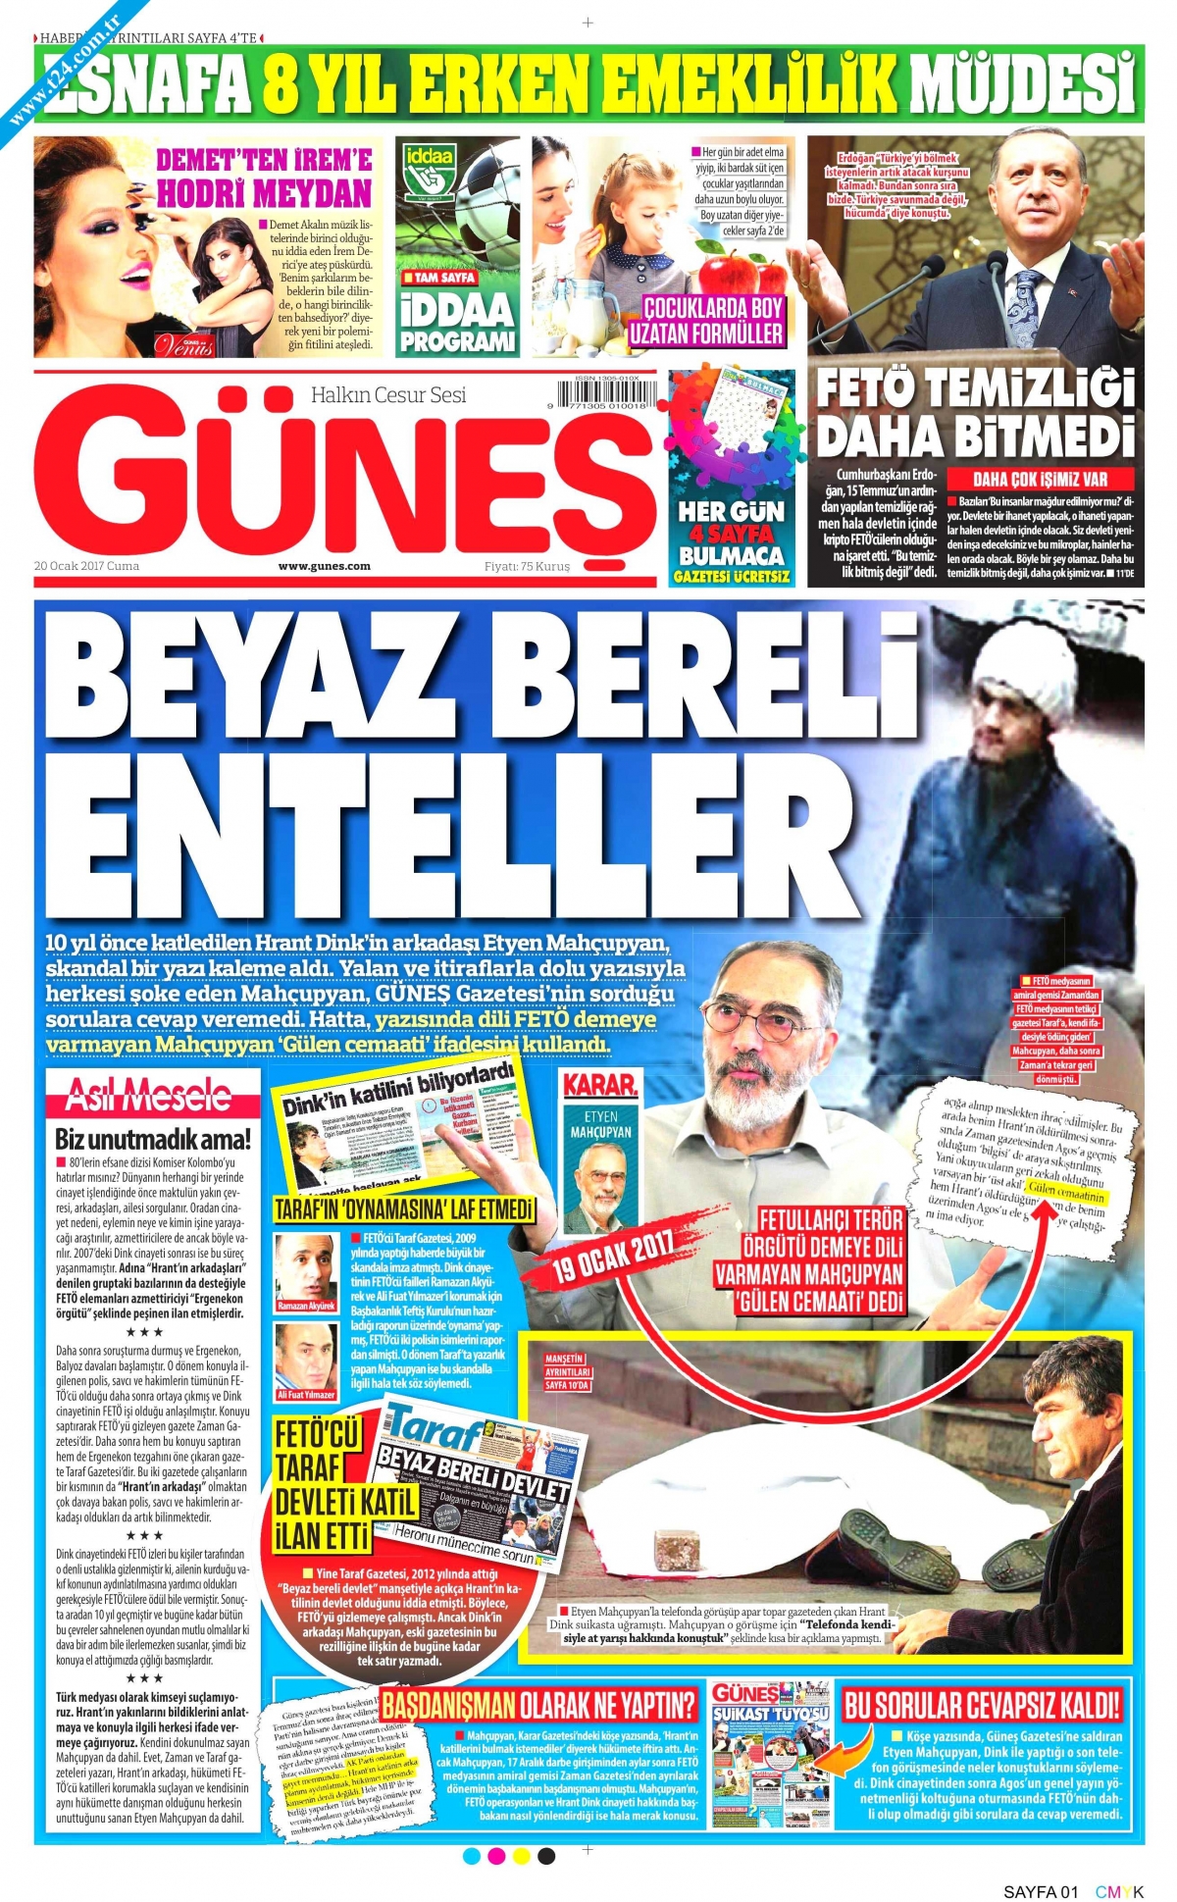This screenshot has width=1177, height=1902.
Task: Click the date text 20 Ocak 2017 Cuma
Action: tap(86, 566)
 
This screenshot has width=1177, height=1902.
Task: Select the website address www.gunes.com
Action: tap(324, 566)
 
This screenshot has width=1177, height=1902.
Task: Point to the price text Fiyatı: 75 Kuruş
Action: tap(527, 566)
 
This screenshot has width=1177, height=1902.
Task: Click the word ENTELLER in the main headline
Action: tap(441, 839)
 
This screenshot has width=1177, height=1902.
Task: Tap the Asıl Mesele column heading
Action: tap(148, 1096)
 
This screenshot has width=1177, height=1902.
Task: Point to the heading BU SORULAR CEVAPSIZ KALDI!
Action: tap(981, 1705)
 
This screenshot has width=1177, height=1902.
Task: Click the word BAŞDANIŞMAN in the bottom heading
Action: tap(448, 1705)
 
